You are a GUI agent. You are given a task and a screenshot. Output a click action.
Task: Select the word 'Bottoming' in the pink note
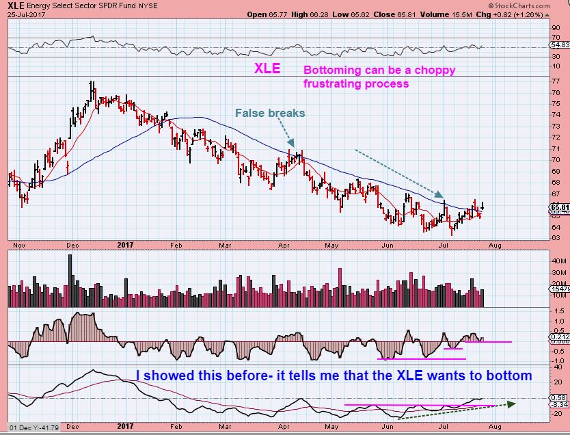point(328,70)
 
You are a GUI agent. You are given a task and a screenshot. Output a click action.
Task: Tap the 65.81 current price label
point(560,207)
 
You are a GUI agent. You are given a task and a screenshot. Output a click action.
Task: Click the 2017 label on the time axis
point(126,243)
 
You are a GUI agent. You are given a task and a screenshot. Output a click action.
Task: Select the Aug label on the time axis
point(496,243)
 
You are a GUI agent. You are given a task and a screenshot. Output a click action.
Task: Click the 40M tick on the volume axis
point(560,261)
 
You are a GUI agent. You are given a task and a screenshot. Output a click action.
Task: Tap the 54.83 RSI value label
point(560,44)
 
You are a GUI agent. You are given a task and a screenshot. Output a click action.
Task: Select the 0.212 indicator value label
point(560,335)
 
